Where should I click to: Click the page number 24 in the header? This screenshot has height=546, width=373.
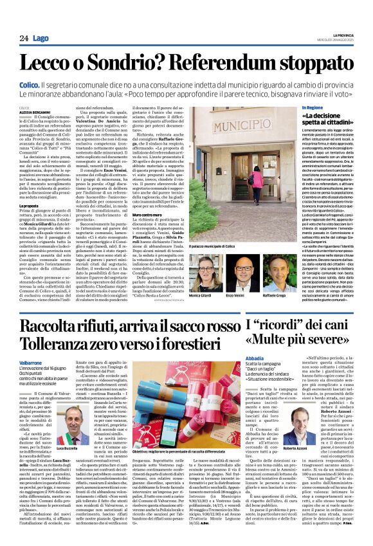tap(23, 39)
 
